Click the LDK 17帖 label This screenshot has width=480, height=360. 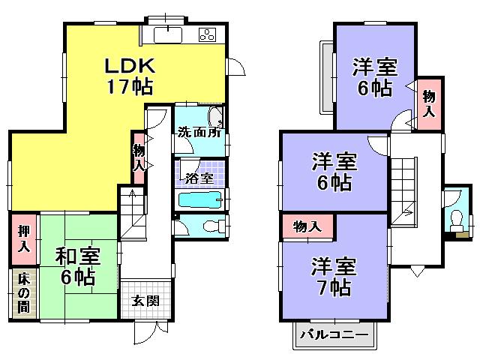tap(128, 75)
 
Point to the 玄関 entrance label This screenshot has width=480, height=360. tap(145, 301)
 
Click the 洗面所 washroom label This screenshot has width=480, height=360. tap(198, 133)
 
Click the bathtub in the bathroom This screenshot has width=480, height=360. tap(201, 200)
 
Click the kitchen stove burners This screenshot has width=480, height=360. tap(207, 34)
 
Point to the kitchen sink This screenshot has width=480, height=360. tap(166, 34)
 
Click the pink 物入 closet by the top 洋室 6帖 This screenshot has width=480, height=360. tap(428, 103)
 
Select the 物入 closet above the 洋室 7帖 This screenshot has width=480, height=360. tap(307, 226)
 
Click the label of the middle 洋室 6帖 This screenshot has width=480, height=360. tap(333, 172)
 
